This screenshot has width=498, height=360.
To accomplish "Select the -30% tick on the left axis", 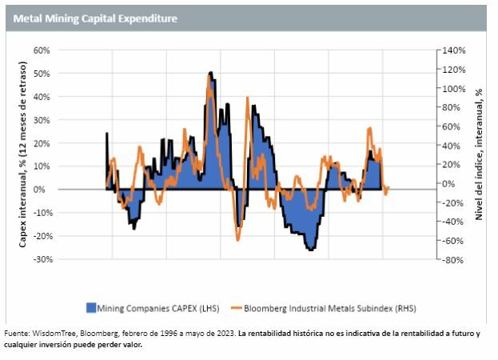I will point(40,259).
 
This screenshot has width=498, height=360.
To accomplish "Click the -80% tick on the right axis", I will point(452,259).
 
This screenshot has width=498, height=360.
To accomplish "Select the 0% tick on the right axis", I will point(449,183).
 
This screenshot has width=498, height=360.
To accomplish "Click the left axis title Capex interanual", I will point(24,155).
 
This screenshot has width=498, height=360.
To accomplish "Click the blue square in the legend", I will point(91,307).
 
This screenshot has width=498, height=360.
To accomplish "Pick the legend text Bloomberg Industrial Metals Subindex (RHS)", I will point(328,307).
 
